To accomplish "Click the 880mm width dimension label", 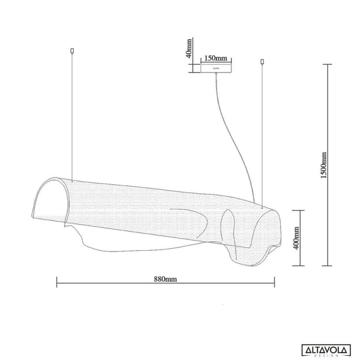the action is (x=165, y=279).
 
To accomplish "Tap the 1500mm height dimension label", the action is (x=324, y=165).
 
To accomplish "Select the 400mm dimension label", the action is (x=296, y=238).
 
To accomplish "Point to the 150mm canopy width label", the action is (x=216, y=58).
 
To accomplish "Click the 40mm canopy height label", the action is (x=189, y=49).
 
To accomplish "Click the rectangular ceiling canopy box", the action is (x=216, y=68).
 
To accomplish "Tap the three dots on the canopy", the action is (x=216, y=68).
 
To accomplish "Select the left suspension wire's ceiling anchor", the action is (x=72, y=51).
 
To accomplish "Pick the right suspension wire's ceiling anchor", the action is (x=262, y=62).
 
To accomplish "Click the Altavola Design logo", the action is (x=326, y=350).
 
